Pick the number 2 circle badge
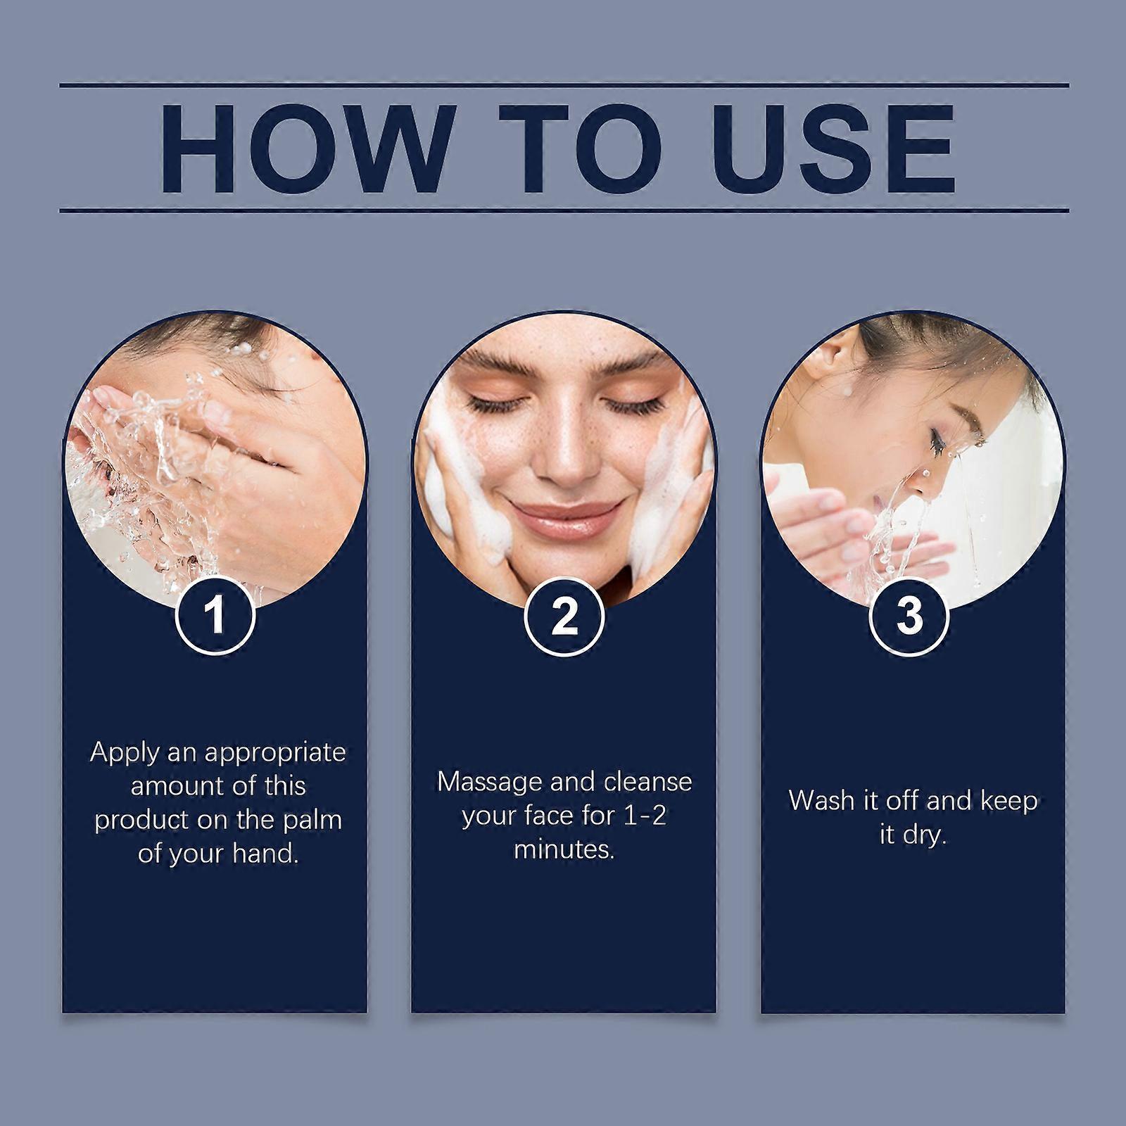click(x=564, y=616)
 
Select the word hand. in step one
click(x=265, y=854)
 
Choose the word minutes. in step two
click(x=564, y=849)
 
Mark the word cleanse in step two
click(x=648, y=782)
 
